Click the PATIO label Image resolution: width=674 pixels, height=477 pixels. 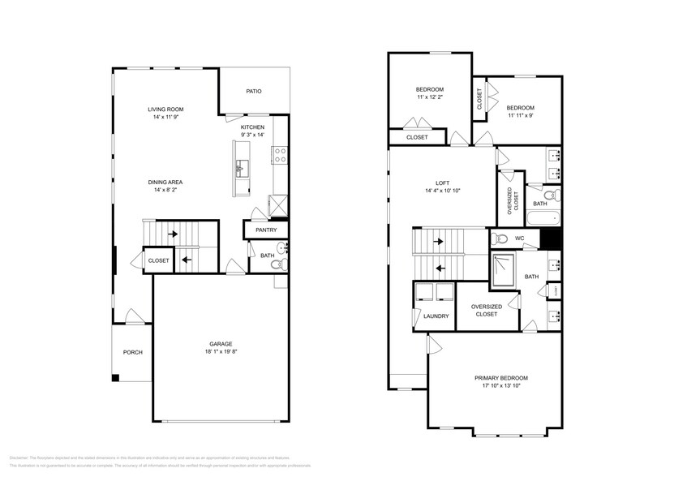[x=254, y=92]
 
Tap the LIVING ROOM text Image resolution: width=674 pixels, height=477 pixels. [x=165, y=109]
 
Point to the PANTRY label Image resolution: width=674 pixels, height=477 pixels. [x=266, y=230]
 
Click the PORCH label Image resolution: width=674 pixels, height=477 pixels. [x=132, y=352]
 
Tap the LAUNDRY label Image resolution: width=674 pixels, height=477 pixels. [x=436, y=316]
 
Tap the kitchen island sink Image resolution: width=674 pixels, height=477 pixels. [x=241, y=168]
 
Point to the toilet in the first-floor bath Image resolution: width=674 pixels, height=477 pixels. [x=276, y=264]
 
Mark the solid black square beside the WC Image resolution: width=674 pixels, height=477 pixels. [x=552, y=239]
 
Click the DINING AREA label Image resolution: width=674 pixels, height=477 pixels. [x=165, y=182]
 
